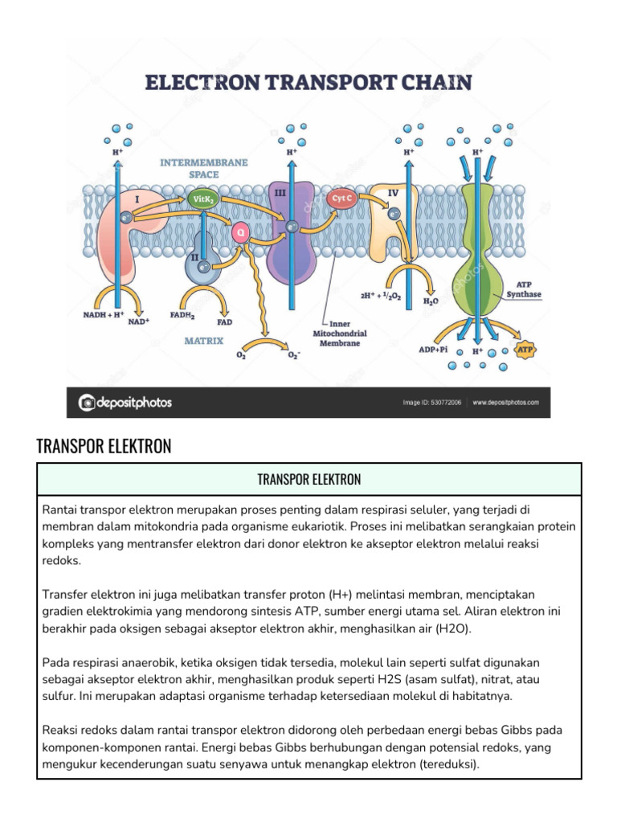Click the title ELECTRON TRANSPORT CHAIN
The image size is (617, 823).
(308, 82)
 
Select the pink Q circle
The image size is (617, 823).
(239, 233)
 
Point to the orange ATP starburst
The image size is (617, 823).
(524, 350)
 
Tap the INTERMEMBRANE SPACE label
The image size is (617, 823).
(203, 167)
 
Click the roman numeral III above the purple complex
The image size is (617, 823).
(280, 194)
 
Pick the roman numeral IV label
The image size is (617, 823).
(393, 194)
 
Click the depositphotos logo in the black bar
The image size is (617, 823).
(125, 403)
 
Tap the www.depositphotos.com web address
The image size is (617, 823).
(505, 403)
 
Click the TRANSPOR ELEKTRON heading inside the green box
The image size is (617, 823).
(308, 480)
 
